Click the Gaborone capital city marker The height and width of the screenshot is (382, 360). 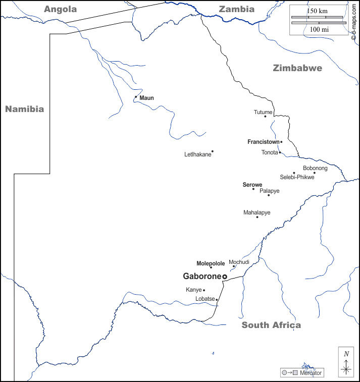pos(225,277)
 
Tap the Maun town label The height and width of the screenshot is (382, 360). pos(146,98)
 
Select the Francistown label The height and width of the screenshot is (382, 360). pos(263,142)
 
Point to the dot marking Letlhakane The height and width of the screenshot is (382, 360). pos(213,151)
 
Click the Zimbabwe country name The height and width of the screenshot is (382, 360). pos(297,68)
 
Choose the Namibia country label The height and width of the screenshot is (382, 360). pos(24,109)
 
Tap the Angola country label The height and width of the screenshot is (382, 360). pos(61,9)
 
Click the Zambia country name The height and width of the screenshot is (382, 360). pos(236,9)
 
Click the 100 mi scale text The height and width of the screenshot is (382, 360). pos(319,30)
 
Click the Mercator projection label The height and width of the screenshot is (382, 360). pos(310,373)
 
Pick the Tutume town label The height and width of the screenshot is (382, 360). pos(263,112)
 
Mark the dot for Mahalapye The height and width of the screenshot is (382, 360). pos(257,217)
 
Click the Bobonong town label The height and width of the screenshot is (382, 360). pos(315,168)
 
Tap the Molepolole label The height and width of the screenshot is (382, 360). pos(211,263)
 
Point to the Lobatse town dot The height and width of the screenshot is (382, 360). pos(217,300)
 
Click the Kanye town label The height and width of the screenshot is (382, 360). pos(193,290)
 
